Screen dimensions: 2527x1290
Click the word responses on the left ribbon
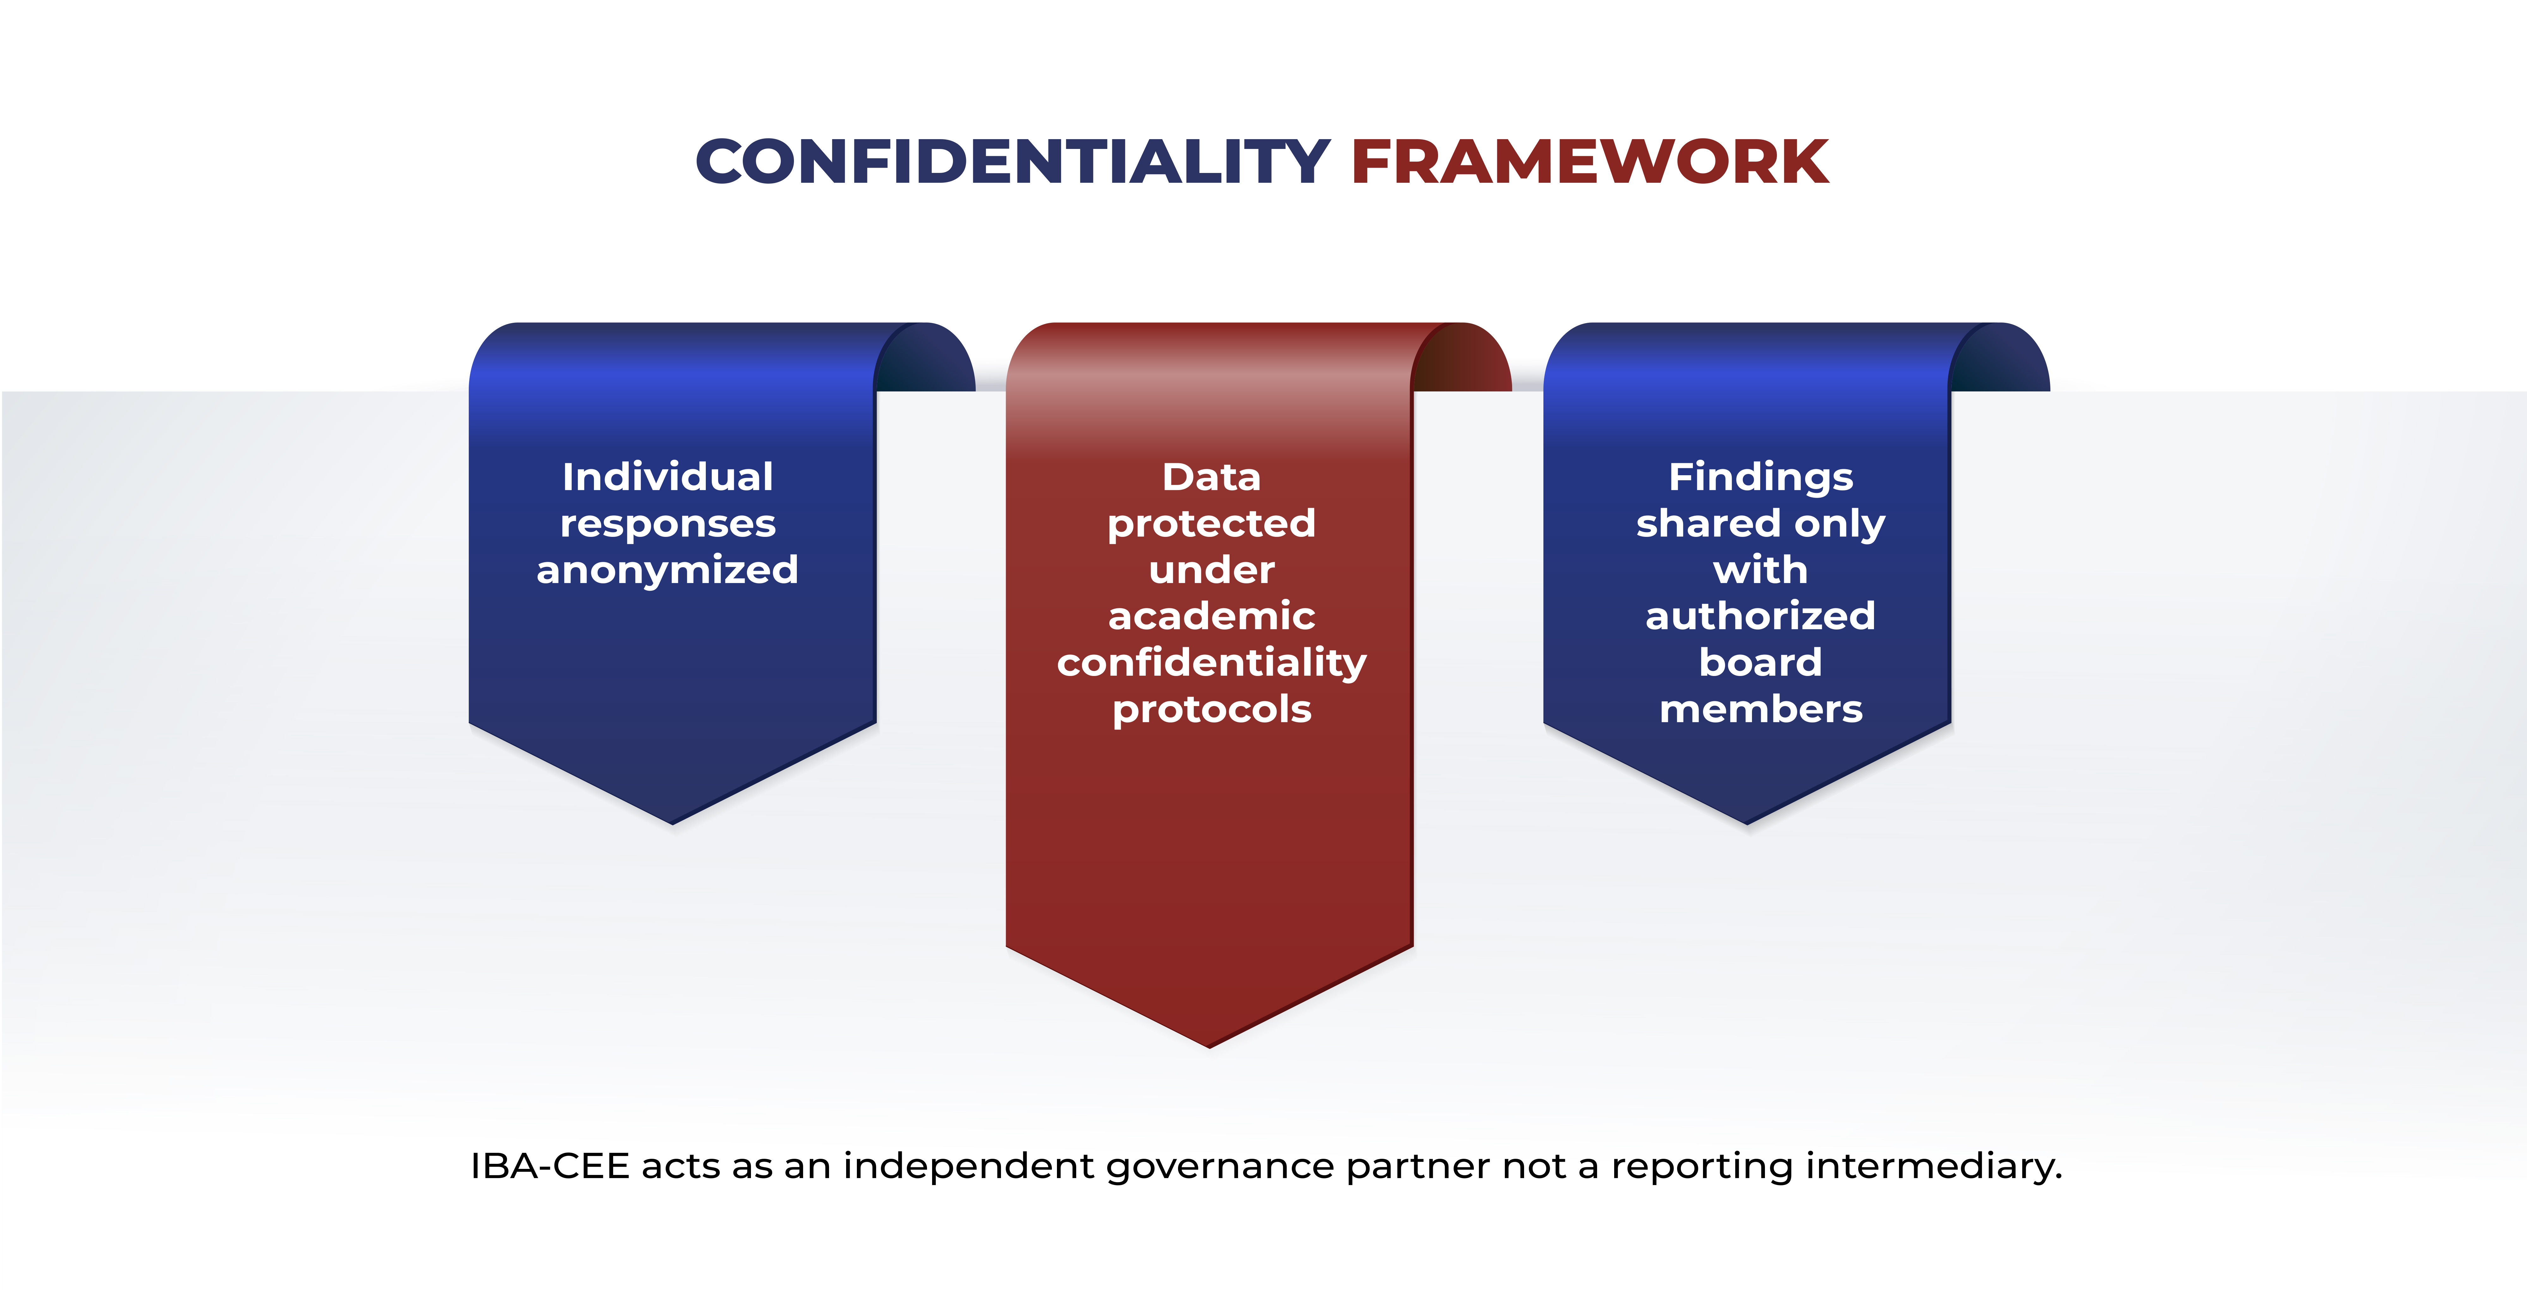[x=668, y=524]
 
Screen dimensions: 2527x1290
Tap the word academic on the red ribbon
[x=1212, y=616]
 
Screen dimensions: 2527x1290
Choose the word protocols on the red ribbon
[x=1212, y=709]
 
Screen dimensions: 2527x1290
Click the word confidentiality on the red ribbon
[x=1212, y=663]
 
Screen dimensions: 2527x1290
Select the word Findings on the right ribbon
[x=1761, y=478]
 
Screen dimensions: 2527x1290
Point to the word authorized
[x=1761, y=616]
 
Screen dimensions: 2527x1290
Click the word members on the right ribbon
[x=1761, y=709]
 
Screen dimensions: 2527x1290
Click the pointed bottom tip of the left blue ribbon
[x=673, y=823]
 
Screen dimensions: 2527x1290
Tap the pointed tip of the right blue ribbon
[x=1747, y=823]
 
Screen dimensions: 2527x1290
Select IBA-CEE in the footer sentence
[x=549, y=1166]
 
